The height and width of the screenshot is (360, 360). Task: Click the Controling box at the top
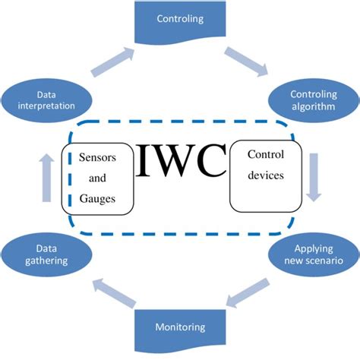tap(180, 20)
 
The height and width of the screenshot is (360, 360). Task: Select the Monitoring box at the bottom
tap(180, 329)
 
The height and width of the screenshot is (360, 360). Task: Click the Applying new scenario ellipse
tap(311, 254)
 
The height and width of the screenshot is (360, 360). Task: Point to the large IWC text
tap(180, 159)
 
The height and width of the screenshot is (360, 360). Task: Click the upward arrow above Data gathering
tap(44, 176)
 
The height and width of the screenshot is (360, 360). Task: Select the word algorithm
tap(311, 107)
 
